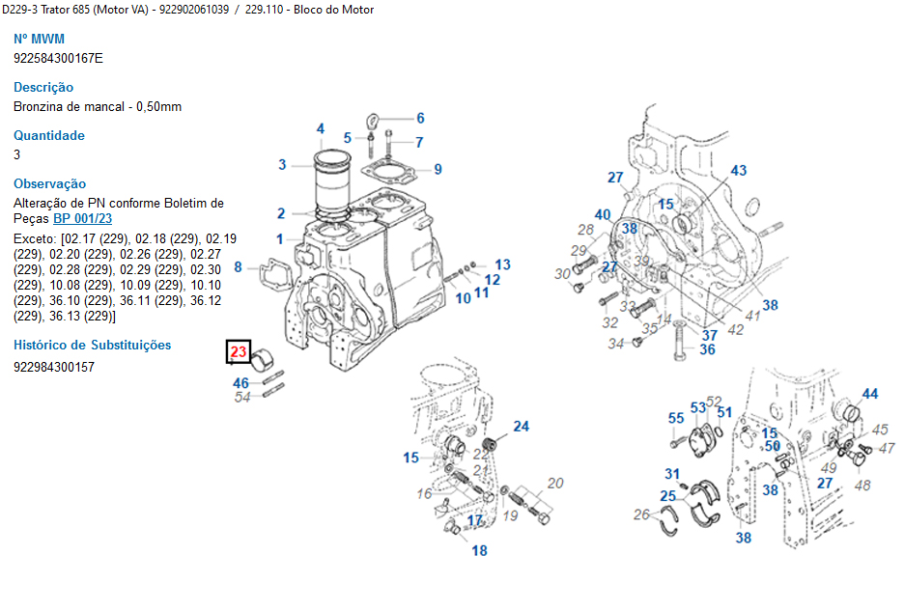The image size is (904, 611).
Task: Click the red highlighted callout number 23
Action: point(239,352)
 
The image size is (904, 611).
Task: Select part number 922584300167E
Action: point(58,58)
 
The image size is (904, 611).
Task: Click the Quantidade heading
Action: point(49,135)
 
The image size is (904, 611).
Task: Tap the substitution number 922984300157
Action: point(54,367)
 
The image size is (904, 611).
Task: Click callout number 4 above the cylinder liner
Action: point(321,129)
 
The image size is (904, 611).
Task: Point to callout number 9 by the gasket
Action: point(438,169)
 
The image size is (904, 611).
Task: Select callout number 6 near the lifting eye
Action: point(420,119)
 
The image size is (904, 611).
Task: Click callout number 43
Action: point(738,171)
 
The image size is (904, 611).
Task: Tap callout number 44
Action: point(870,394)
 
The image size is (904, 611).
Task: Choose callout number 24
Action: point(521,426)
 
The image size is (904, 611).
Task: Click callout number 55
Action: point(676,418)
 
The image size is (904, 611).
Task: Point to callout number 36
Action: point(708,349)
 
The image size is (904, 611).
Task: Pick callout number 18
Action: point(480,551)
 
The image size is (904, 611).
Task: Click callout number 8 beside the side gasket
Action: point(238,265)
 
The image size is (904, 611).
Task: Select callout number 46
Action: point(240,383)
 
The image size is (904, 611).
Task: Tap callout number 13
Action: point(503,264)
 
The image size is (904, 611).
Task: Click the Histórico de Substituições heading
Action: point(92,345)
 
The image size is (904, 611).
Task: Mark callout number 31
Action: point(672,473)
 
